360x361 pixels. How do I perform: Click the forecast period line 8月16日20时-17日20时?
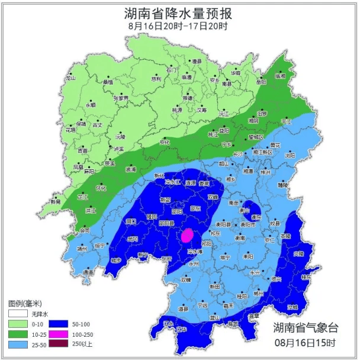[x=178, y=26]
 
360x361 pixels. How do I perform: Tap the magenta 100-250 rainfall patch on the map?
[x=187, y=236]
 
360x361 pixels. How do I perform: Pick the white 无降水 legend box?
[x=18, y=314]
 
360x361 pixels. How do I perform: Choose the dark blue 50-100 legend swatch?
[x=56, y=324]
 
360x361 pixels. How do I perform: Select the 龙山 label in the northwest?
[x=71, y=78]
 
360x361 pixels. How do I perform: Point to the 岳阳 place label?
[x=261, y=82]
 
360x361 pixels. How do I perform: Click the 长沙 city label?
[x=238, y=154]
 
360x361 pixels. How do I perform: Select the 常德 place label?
[x=188, y=98]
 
